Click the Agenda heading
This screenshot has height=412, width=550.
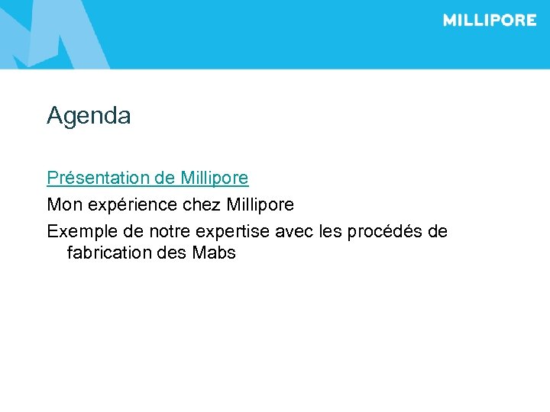tap(89, 116)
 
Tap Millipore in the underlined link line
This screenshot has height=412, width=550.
tap(215, 178)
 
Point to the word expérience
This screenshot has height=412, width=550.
tap(123, 205)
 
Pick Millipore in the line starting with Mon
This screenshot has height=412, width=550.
tap(260, 204)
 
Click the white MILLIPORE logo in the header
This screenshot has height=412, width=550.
tap(490, 21)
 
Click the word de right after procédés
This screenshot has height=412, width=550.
tap(438, 231)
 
